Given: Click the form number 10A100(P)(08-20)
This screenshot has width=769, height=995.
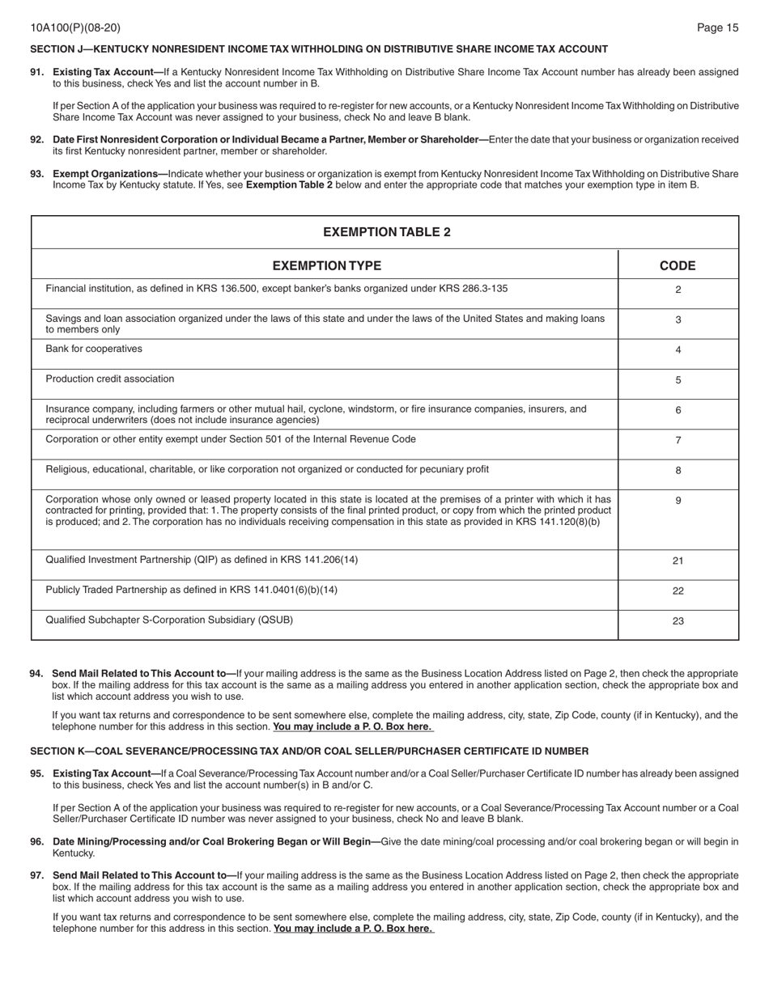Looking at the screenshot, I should pos(75,28).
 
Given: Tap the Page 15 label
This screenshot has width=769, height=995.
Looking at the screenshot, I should pos(717,28).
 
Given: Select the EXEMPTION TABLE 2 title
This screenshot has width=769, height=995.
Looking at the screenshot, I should pos(386,232).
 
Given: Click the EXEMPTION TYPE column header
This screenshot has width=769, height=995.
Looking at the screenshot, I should pos(326,265).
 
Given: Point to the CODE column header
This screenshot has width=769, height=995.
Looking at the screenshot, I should pos(678,265).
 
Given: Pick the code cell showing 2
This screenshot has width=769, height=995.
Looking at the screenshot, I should pos(678,290).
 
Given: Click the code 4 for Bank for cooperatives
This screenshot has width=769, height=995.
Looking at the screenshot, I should pos(678,350).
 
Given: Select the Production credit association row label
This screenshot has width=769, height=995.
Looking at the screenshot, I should pos(109,379).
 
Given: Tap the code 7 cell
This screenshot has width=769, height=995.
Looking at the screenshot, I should pos(678,440).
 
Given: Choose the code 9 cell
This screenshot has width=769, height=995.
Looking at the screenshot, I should pos(678,501).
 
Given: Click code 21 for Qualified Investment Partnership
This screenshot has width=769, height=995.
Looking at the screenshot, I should pos(678,561).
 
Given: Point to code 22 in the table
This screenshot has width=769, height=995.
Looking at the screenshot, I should pos(678,591).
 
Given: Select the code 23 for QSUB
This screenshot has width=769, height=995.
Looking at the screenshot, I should pos(678,621).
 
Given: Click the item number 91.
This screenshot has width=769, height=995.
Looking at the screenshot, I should pos(37,72).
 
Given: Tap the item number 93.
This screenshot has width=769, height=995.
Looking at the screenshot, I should pos(37,174).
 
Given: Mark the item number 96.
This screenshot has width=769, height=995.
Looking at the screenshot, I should pos(37,842).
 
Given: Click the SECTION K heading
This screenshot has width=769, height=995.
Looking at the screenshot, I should pos(308,752).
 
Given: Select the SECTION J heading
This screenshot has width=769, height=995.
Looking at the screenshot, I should pos(318,49).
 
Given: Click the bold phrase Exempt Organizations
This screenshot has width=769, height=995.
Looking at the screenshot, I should pos(105,174).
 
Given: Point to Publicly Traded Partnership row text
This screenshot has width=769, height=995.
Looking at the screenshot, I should pos(191,590).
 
